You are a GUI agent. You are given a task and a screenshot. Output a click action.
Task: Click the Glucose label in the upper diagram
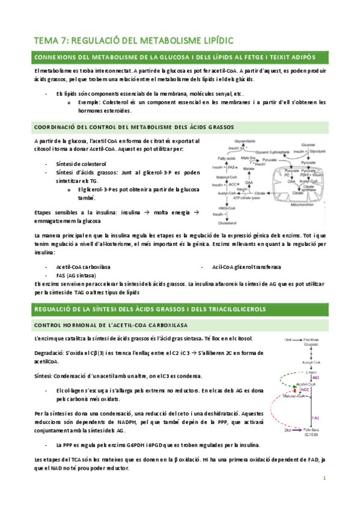(308, 145)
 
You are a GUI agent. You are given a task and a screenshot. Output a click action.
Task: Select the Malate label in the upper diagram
(249, 169)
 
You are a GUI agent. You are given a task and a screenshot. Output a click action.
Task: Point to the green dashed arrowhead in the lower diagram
(295, 387)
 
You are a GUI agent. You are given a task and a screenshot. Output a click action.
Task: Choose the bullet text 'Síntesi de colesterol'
(81, 164)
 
